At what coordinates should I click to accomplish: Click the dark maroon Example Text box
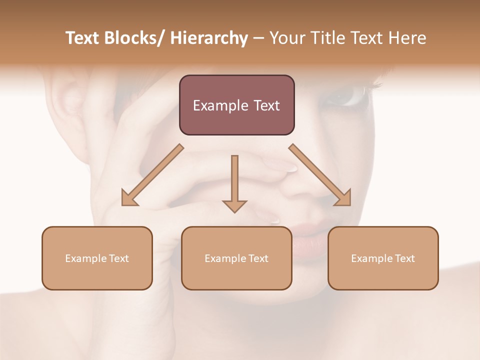click(236, 105)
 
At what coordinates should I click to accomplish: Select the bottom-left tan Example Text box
click(97, 258)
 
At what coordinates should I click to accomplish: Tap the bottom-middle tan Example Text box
click(236, 258)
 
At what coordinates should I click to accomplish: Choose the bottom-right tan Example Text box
click(383, 258)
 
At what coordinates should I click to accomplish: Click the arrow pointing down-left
click(152, 175)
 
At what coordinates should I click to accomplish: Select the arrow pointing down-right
click(320, 175)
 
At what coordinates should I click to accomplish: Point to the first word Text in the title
click(83, 38)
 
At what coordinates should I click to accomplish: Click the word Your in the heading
click(288, 38)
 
